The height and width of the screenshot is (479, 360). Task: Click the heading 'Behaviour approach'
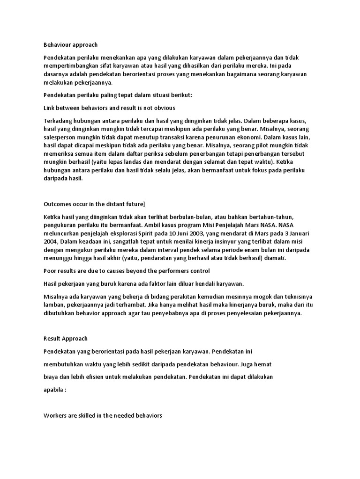(70, 45)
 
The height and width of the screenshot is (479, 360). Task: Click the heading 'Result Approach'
(65, 338)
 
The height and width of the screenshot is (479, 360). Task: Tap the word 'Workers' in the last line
(57, 415)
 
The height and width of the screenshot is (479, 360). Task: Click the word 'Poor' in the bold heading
(50, 271)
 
